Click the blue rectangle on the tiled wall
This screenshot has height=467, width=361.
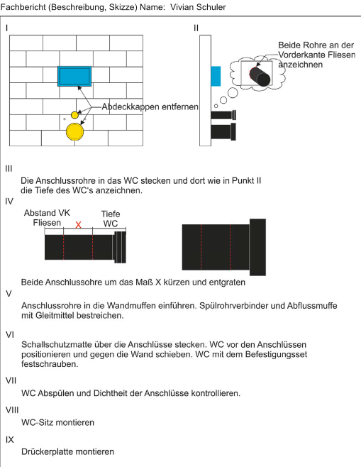(x=74, y=76)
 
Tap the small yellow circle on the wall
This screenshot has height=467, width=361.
(x=74, y=115)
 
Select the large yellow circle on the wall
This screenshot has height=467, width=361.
(x=74, y=131)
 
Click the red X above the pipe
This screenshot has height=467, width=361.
(x=78, y=225)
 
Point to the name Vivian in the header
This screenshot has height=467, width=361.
(x=182, y=7)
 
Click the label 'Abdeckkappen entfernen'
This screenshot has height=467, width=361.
(x=150, y=106)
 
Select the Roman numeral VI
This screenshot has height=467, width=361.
(x=9, y=335)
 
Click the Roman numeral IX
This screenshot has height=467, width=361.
(x=9, y=439)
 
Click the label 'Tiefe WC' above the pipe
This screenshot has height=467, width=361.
(x=111, y=219)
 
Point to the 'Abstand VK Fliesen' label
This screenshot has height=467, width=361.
(x=47, y=218)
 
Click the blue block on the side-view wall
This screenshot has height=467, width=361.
(x=216, y=76)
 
